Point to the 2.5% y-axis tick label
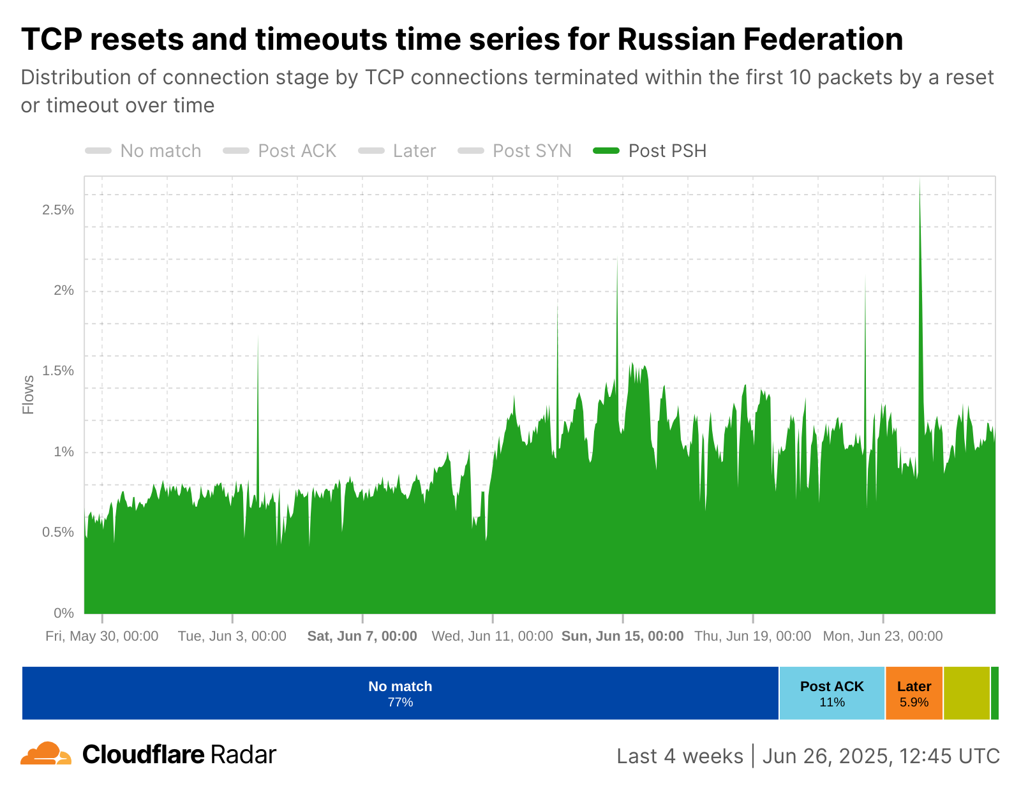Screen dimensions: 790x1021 (58, 210)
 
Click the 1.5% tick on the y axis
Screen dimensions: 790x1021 (58, 371)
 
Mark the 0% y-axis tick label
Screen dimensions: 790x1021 (64, 613)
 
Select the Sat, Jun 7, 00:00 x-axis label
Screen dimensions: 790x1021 (362, 636)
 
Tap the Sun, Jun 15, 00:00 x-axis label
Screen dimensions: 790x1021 (622, 636)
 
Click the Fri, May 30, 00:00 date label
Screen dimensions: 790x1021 (102, 636)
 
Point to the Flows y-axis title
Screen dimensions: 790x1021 (29, 395)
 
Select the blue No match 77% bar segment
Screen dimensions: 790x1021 (400, 693)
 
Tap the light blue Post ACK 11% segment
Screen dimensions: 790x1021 (831, 693)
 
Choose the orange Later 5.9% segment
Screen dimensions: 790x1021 (914, 693)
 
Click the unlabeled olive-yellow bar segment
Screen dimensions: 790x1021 (966, 693)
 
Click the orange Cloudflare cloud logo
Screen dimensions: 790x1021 (45, 754)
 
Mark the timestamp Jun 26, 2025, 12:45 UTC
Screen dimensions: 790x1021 (881, 756)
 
